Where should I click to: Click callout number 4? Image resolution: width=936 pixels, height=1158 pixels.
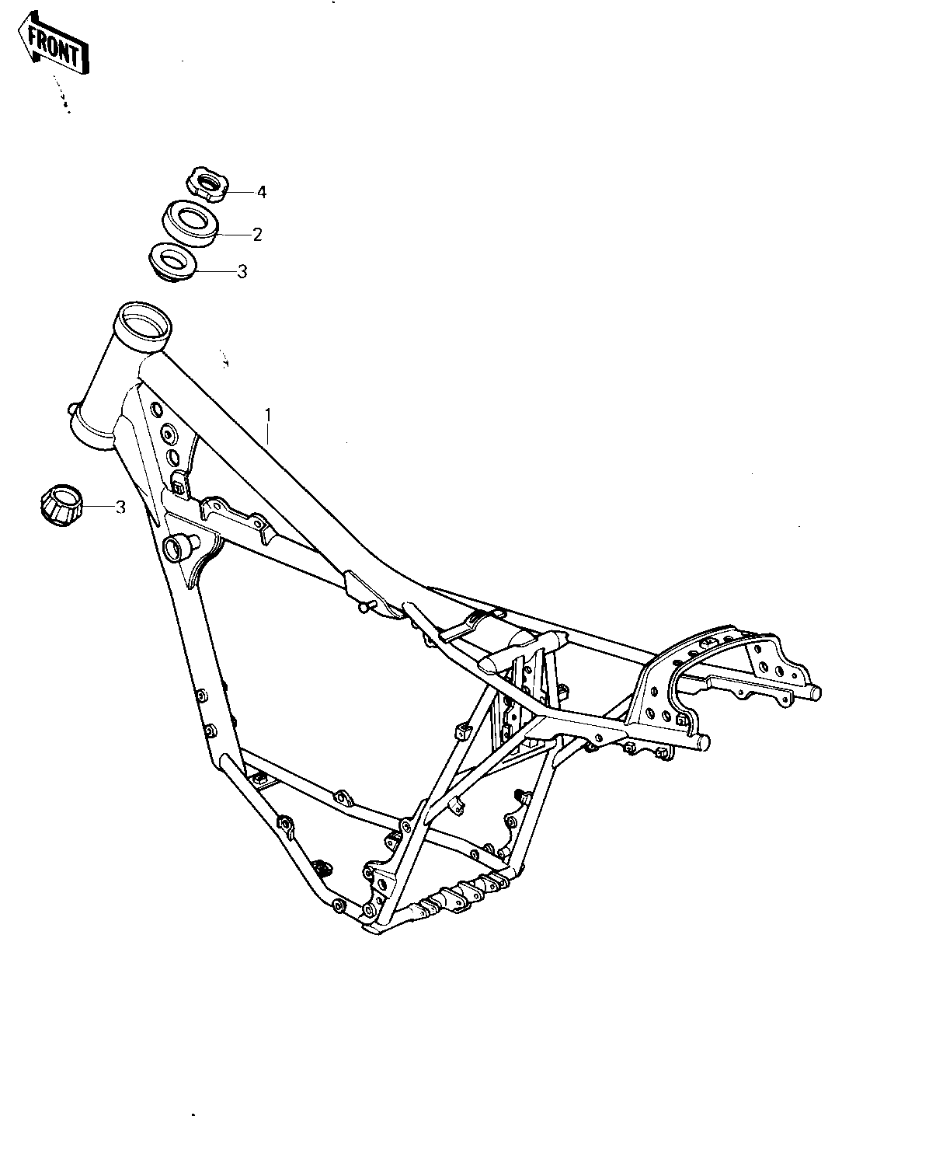(x=262, y=193)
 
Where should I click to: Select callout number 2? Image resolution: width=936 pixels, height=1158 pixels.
(x=257, y=235)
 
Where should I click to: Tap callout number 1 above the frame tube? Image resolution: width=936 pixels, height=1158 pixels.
(x=267, y=415)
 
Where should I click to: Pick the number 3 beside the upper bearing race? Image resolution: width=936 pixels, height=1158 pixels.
(x=242, y=271)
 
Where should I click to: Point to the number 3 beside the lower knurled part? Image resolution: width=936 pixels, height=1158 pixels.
(x=120, y=507)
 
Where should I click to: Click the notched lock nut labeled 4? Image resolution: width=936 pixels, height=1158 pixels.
(x=207, y=184)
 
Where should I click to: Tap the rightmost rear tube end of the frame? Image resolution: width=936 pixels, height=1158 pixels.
(x=814, y=692)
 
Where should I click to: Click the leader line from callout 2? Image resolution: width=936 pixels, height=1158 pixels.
(x=235, y=235)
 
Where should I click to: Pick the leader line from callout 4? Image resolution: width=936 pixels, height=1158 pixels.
(x=239, y=193)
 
